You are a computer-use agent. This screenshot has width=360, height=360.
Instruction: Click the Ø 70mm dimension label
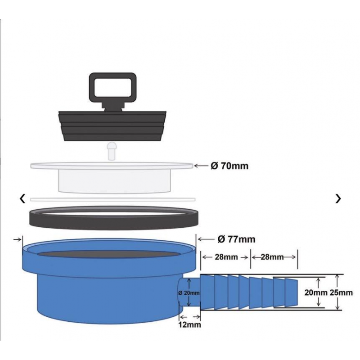pos(229,166)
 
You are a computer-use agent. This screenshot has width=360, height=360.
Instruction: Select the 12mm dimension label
pos(189,324)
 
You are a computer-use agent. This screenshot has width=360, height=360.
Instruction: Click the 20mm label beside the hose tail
pos(315,292)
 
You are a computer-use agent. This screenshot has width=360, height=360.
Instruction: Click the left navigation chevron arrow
pos(22,198)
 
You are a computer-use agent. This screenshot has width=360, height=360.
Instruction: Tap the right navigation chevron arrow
pos(338,198)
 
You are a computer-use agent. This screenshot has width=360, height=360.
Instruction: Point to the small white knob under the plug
pos(112,148)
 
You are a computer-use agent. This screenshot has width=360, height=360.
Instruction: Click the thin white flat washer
pos(112,198)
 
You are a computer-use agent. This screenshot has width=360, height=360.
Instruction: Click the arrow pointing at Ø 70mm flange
pos(201,166)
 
